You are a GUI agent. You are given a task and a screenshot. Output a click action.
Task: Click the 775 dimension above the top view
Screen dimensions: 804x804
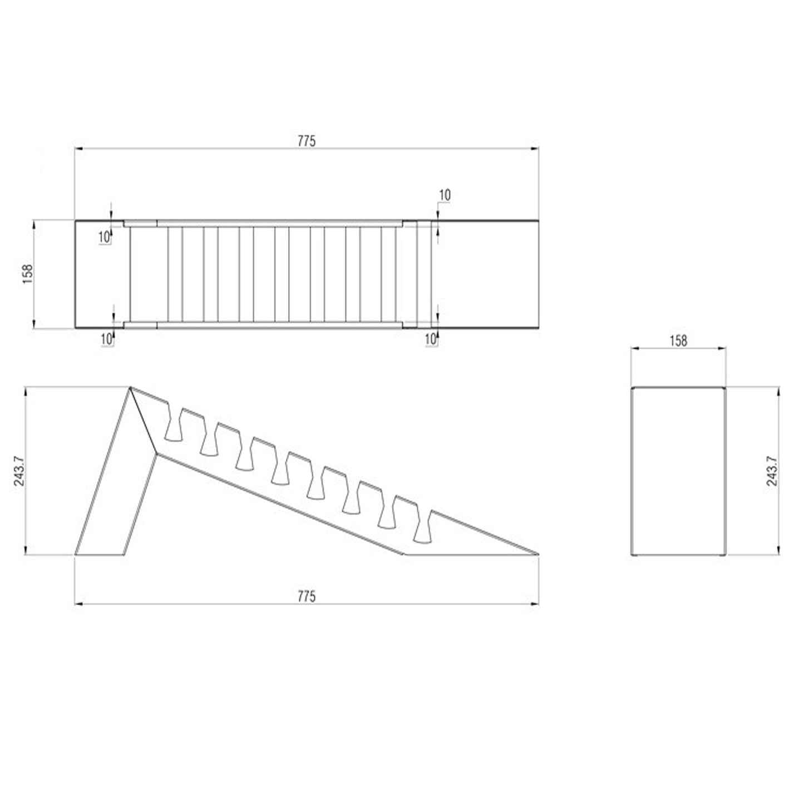306,141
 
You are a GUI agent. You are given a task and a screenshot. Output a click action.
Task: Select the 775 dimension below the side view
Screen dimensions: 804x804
306,596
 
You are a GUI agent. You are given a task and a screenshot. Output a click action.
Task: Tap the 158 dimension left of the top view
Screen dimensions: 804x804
27,274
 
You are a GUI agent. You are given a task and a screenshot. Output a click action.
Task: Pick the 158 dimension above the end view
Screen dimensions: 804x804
678,341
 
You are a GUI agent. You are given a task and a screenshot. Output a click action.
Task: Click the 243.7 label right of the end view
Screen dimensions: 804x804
771,471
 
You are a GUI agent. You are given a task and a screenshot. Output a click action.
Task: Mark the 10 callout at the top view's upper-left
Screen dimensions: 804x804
104,237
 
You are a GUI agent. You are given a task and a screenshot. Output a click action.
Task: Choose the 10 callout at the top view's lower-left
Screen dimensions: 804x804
106,338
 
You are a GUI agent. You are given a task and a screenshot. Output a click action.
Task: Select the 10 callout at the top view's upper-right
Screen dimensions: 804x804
445,195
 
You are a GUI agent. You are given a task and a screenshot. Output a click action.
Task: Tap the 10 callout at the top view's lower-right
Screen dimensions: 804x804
430,338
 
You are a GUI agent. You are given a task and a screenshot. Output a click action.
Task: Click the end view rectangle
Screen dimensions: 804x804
678,471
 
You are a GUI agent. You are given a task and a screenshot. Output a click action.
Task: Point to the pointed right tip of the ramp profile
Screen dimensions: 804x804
537,554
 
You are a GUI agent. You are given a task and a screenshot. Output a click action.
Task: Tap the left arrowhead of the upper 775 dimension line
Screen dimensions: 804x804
78,149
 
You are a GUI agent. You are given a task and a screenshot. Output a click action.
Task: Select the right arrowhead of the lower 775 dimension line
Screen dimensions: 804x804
535,603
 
